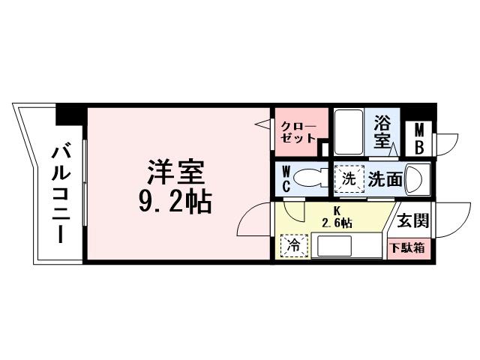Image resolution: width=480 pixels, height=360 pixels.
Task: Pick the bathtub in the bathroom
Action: pyautogui.click(x=347, y=130)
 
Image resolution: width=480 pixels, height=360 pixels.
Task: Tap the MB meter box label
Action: pyautogui.click(x=418, y=137)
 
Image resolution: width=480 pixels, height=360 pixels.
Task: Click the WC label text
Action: pyautogui.click(x=286, y=178)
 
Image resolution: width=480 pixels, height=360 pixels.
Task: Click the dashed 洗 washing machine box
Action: pyautogui.click(x=348, y=178)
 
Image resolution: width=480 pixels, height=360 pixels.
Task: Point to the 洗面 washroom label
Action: pyautogui.click(x=385, y=179)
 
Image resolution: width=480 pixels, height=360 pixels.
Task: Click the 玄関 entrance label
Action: pyautogui.click(x=412, y=220)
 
